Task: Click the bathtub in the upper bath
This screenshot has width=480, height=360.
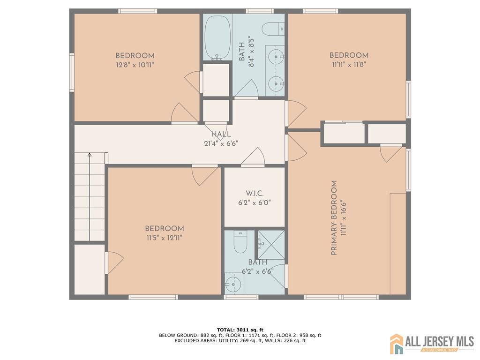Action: (217, 37)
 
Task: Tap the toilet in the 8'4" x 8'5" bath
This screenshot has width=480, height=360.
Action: (273, 29)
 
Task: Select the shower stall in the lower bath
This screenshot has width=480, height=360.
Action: (271, 245)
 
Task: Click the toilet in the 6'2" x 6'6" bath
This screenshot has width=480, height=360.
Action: (240, 241)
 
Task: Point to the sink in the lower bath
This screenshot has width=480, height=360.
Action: (234, 284)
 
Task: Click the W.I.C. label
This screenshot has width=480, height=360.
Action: (255, 194)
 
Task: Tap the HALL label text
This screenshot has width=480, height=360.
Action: (221, 134)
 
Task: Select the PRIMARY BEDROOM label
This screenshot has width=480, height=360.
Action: (334, 217)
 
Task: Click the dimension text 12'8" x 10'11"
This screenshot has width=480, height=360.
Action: (135, 65)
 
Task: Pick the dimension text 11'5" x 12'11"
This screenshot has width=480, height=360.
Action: (165, 238)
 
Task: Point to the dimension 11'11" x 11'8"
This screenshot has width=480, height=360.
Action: (349, 65)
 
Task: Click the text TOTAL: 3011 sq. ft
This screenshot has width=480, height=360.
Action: (240, 330)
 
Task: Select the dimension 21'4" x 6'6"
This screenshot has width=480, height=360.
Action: (221, 143)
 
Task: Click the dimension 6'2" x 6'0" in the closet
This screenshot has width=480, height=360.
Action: (255, 202)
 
